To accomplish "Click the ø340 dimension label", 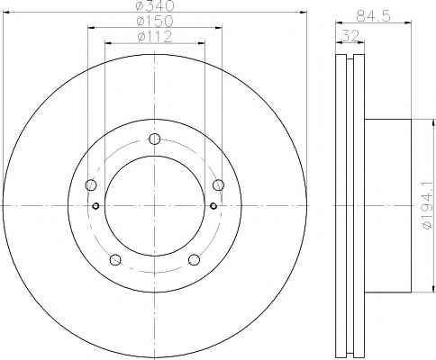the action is (155, 5).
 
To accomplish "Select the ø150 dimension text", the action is (155, 22).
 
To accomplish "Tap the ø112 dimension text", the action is (155, 37).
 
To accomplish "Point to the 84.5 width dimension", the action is (373, 15).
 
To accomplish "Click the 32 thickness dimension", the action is (350, 36).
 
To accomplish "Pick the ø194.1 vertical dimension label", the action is (428, 205).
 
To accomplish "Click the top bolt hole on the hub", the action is (155, 139).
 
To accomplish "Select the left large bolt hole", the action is (91, 184).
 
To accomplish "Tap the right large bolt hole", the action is (218, 184).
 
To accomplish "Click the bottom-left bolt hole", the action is (115, 260).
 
